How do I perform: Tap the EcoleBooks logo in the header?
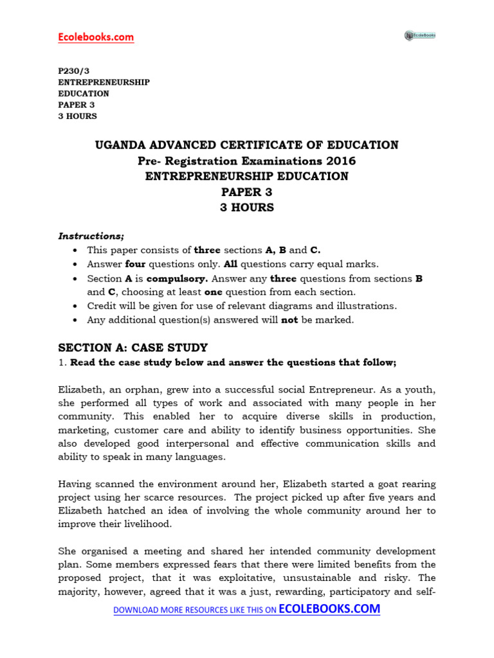pyautogui.click(x=419, y=35)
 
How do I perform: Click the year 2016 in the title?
pyautogui.click(x=342, y=161)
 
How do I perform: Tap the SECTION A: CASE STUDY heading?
pyautogui.click(x=133, y=348)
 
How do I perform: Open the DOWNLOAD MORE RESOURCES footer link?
pyautogui.click(x=246, y=609)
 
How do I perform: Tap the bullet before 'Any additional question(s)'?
pyautogui.click(x=77, y=320)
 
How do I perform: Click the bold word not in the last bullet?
pyautogui.click(x=290, y=320)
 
